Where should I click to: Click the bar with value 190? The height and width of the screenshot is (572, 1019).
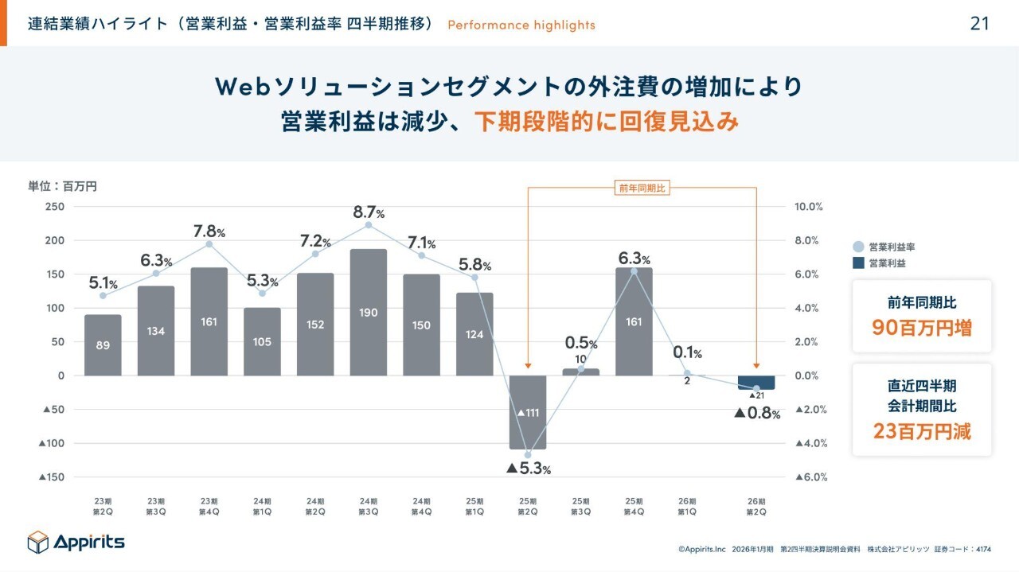[x=369, y=312]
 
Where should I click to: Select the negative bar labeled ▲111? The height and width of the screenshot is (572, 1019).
[x=528, y=412]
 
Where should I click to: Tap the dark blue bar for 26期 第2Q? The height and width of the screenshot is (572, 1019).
[x=756, y=382]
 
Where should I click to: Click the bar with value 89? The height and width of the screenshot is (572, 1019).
[x=103, y=344]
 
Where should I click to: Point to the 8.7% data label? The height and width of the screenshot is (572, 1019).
[x=369, y=212]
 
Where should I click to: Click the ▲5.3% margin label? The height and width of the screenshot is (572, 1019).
[x=529, y=469]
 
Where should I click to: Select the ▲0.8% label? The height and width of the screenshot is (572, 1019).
[x=756, y=413]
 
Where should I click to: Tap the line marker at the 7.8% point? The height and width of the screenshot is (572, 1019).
[x=209, y=244]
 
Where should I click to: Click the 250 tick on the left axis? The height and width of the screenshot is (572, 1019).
[x=54, y=207]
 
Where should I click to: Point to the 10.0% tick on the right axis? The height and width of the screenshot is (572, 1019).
[x=809, y=207]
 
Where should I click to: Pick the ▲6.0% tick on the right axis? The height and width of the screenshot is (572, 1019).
[x=809, y=477]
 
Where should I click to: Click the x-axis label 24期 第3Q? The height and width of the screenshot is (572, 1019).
[x=369, y=506]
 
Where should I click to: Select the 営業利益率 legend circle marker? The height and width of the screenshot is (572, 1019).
[x=858, y=247]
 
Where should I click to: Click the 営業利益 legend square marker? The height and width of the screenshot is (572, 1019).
[x=858, y=263]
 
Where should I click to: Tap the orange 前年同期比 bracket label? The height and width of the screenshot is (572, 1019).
[x=642, y=188]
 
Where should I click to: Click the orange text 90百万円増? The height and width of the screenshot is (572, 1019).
[x=922, y=328]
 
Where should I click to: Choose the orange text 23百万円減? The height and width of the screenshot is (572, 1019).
[x=922, y=431]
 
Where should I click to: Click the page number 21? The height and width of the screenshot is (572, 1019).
[x=980, y=24]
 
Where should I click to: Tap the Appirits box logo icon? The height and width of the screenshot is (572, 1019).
[x=38, y=542]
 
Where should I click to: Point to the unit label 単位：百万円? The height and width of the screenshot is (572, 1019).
[x=62, y=186]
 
